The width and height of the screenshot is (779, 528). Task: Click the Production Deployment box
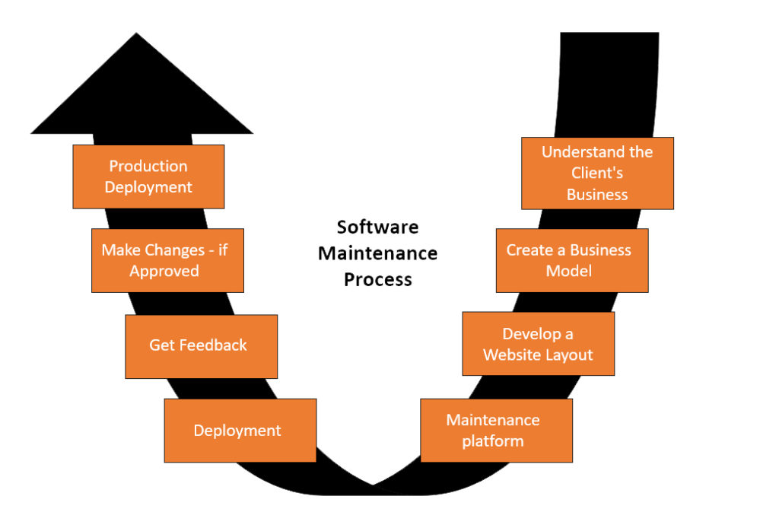pos(148,177)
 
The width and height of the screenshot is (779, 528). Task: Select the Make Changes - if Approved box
pos(167,260)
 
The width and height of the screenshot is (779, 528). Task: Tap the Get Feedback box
pos(201,346)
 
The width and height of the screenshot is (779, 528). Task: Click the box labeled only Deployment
pos(240,431)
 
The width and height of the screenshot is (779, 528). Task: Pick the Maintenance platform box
pos(496,431)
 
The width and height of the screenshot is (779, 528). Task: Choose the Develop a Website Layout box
pos(538,344)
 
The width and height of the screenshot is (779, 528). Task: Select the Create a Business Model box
pos(572,260)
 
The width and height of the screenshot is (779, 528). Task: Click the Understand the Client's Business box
pos(597,173)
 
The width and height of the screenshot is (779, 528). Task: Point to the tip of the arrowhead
pos(138,34)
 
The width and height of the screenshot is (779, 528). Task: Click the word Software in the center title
pos(378,227)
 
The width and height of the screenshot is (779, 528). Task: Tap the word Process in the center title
pos(378,279)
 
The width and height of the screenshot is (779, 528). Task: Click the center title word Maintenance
pos(378,253)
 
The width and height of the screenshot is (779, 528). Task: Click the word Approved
pos(164,272)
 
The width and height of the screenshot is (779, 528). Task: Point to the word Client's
pos(597,173)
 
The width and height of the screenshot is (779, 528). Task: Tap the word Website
pos(512,355)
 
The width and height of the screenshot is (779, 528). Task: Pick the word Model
pos(569,272)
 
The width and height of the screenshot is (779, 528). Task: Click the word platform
pos(493,441)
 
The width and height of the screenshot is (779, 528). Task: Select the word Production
pos(148,166)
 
